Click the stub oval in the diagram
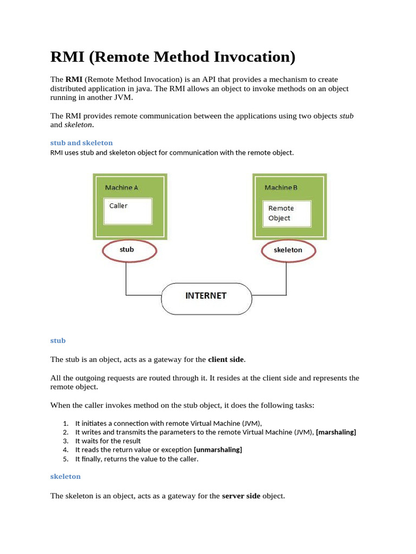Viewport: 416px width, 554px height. [129, 250]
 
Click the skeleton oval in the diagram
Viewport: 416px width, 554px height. [288, 250]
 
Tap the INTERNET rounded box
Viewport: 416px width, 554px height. [206, 296]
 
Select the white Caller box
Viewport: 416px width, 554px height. [128, 211]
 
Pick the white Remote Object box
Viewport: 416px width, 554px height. [287, 214]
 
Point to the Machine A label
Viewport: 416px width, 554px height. [121, 188]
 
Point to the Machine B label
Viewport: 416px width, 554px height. [281, 188]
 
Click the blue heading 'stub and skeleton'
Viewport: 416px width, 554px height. [81, 143]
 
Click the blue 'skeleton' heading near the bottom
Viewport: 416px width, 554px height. [65, 476]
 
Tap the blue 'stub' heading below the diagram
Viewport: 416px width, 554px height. [58, 340]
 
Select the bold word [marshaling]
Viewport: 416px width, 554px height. [336, 432]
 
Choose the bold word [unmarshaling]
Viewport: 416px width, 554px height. [218, 450]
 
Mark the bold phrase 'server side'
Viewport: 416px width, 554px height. [241, 496]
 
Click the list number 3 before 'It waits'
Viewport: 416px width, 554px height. [65, 441]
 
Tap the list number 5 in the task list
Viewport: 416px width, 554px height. [65, 459]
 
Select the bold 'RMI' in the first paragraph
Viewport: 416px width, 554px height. [74, 80]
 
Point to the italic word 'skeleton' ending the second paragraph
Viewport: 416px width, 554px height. [79, 124]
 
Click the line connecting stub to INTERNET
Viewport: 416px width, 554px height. [126, 279]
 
